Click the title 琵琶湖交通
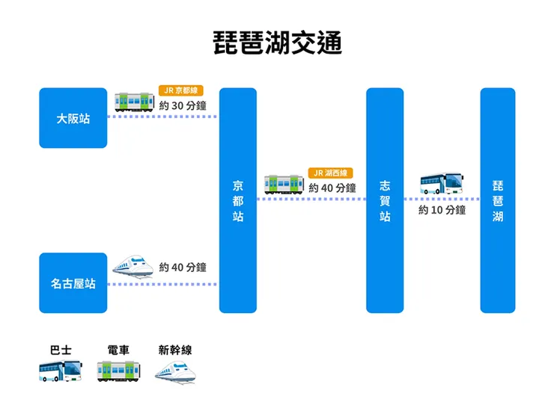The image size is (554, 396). coord(277,43)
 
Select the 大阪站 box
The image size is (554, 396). coord(73,118)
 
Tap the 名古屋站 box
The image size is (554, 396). coord(73,283)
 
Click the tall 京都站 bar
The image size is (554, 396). coord(238,200)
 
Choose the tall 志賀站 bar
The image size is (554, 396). coord(385,200)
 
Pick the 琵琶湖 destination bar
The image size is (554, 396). coord(498,200)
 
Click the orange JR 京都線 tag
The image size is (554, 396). coord(181,90)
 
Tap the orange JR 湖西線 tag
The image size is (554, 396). coord(330,173)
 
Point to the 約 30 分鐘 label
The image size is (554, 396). coord(183,105)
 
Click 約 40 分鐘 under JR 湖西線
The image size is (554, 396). coord(332,188)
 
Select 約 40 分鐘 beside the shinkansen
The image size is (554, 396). coord(183,267)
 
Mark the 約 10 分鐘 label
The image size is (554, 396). coord(442,210)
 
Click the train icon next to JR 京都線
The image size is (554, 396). coord(134,102)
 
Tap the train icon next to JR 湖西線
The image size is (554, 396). coord(284,184)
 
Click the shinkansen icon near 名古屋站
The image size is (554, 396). coord(133,265)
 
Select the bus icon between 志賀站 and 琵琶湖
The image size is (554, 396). coord(442,183)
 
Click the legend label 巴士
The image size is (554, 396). coord(61,350)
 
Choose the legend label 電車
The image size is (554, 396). coord(118,350)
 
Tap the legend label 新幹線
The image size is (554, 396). coord(175,350)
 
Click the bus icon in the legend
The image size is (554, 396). coord(61,370)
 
